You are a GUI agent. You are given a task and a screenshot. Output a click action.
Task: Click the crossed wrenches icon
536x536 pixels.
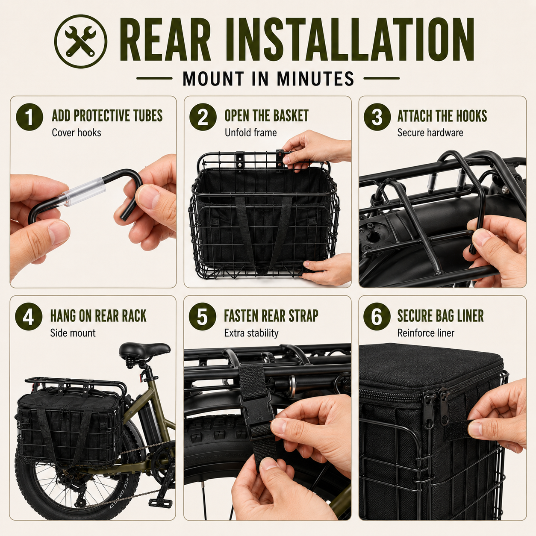click(x=81, y=42)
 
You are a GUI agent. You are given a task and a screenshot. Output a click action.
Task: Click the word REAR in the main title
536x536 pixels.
click(x=166, y=39)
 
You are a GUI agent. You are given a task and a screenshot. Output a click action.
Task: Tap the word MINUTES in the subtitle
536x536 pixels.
click(x=315, y=79)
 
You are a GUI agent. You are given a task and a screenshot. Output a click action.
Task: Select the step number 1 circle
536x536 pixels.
click(x=29, y=117)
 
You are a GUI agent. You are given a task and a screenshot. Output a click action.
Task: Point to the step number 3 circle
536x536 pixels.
click(x=377, y=117)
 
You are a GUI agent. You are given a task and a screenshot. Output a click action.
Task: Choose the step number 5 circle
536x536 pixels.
click(x=203, y=317)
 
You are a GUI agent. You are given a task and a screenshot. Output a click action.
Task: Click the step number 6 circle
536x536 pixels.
click(x=377, y=317)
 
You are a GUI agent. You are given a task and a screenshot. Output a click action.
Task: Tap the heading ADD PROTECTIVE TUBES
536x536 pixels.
click(x=107, y=116)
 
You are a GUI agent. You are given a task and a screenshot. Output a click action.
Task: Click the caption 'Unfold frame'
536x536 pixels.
click(x=250, y=133)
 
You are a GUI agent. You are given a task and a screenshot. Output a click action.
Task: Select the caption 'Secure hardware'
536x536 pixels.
click(x=430, y=133)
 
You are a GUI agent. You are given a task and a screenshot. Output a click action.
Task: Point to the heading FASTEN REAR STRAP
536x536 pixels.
click(x=271, y=316)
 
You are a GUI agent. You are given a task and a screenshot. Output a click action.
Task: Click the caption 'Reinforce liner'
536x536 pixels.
click(x=426, y=333)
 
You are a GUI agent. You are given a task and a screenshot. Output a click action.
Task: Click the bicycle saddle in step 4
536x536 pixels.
click(x=144, y=350)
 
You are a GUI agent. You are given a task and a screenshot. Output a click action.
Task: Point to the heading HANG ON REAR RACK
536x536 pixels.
click(x=98, y=316)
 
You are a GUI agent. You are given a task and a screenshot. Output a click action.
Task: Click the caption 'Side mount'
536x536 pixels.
click(x=73, y=333)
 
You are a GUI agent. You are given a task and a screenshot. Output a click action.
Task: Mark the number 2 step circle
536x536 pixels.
click(x=203, y=117)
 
